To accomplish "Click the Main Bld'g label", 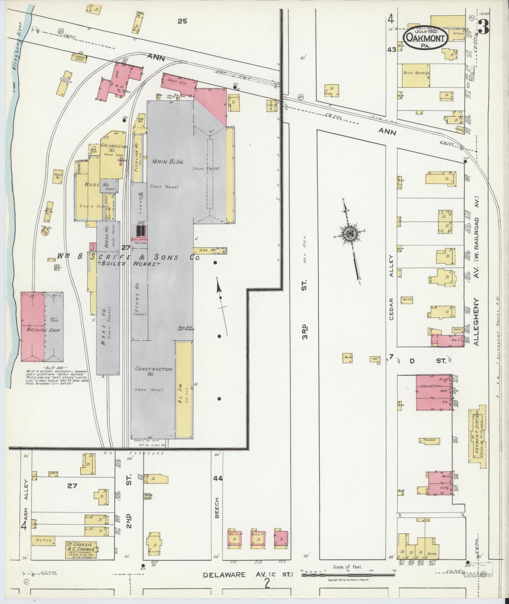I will tap(168, 161).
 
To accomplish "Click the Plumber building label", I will tap(429, 440).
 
